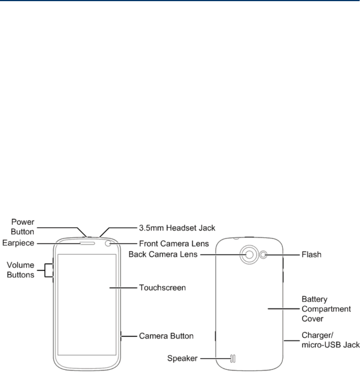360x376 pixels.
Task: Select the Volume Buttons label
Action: tap(21, 270)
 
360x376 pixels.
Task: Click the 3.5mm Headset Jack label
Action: tap(176, 228)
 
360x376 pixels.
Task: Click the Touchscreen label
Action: tap(162, 288)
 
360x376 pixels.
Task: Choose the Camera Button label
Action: tap(166, 336)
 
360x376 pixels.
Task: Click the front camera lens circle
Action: tap(109, 243)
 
